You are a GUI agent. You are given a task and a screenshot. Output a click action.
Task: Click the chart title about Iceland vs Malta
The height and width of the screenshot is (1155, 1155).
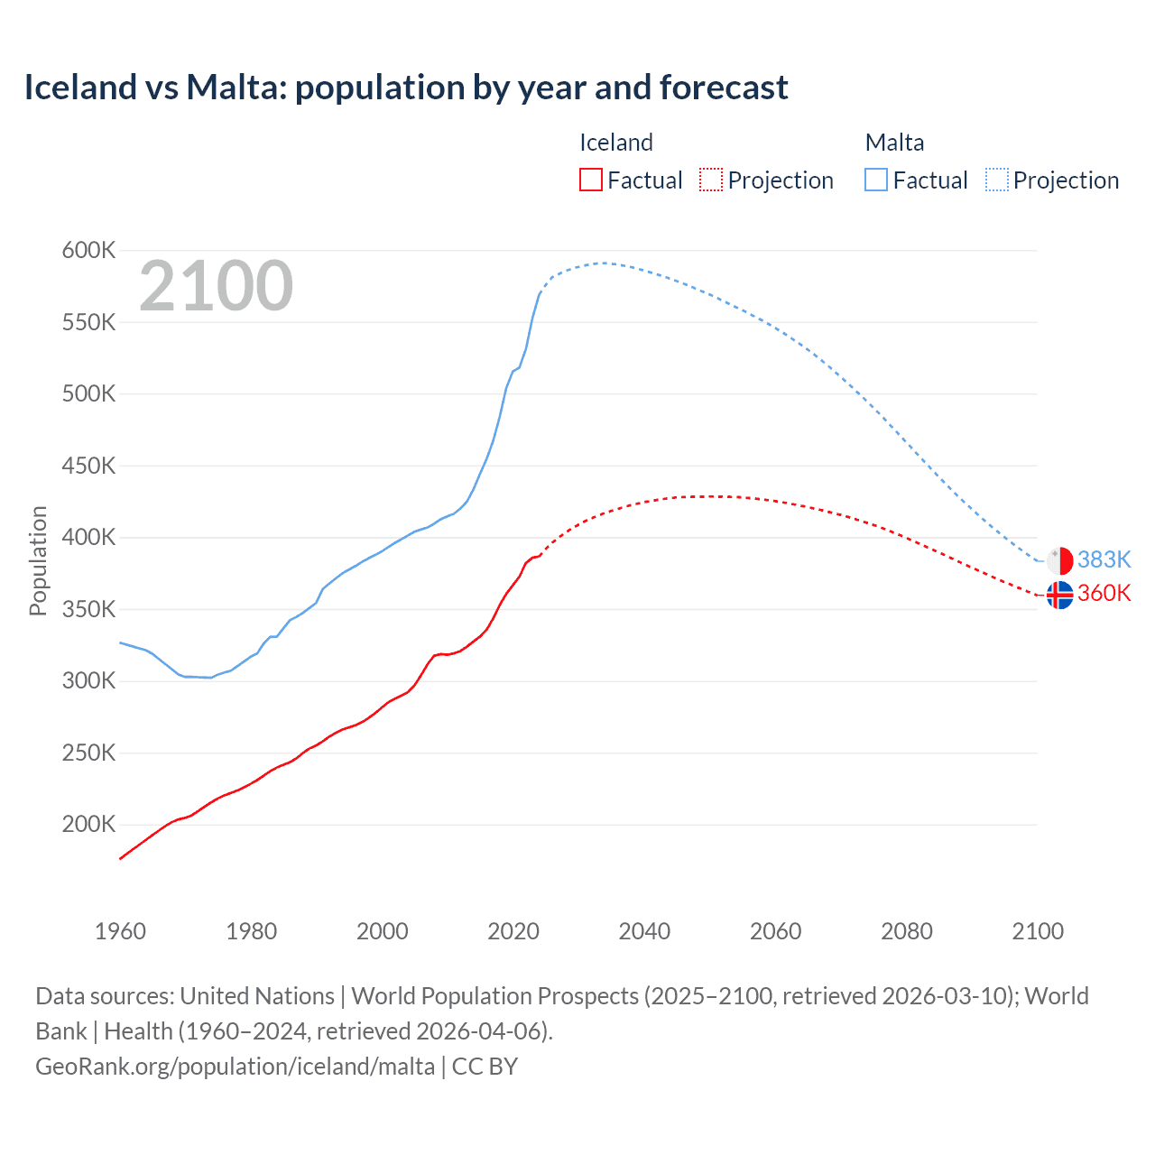coord(406,88)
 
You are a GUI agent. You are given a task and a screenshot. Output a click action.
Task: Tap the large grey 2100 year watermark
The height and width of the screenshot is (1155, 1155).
coord(216,286)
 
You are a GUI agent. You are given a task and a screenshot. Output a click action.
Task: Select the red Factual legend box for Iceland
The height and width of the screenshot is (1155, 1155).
coord(590,180)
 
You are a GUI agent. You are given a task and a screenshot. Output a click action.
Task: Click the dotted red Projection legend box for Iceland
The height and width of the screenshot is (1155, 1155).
coord(711,180)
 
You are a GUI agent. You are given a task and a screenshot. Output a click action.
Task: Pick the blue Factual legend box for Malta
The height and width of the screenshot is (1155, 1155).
coord(875,180)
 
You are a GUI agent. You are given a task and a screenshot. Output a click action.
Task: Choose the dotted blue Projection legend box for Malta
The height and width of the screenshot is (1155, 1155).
coord(996,180)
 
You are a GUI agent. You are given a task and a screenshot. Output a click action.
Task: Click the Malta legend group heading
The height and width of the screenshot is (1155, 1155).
coord(894,143)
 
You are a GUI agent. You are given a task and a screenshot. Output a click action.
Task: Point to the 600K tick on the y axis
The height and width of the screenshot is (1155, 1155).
coord(88,251)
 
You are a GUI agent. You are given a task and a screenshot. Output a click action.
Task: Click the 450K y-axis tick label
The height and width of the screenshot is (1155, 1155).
coord(88,467)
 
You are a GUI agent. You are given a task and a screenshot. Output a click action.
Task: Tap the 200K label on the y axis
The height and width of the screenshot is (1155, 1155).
coord(88,825)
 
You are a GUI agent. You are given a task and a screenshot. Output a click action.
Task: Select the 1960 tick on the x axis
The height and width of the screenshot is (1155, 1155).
coord(120,931)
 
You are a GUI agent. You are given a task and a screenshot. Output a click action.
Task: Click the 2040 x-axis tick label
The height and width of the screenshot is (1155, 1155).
coord(644,931)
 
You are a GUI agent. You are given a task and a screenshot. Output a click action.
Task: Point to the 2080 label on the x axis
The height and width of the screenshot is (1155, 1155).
coord(907,931)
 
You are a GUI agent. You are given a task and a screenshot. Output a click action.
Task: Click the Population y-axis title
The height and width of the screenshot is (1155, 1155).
coord(38,560)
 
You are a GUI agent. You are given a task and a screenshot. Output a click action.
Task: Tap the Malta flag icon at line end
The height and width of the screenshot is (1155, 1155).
coord(1059,560)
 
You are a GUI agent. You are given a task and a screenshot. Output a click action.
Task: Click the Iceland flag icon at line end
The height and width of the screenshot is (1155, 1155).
coord(1059,595)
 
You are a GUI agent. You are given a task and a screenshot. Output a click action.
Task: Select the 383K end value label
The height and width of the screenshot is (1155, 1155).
coord(1104,560)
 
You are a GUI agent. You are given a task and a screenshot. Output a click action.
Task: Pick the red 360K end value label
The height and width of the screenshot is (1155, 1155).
coord(1104,594)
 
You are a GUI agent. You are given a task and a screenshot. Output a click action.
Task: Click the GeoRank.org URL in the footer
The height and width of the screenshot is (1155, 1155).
coord(235,1067)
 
